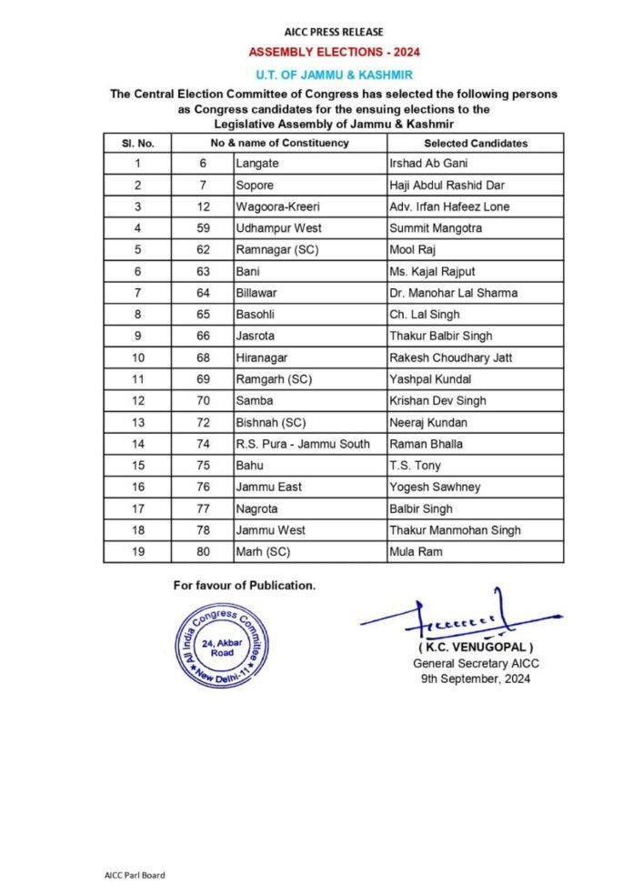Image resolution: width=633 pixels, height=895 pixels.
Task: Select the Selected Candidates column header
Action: (475, 143)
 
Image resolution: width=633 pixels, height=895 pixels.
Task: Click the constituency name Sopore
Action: (255, 186)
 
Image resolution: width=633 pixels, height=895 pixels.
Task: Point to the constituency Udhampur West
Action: (278, 228)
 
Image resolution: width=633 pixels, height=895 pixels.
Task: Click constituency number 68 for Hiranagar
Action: (203, 357)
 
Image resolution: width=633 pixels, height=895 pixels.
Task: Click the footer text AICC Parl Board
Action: (135, 875)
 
